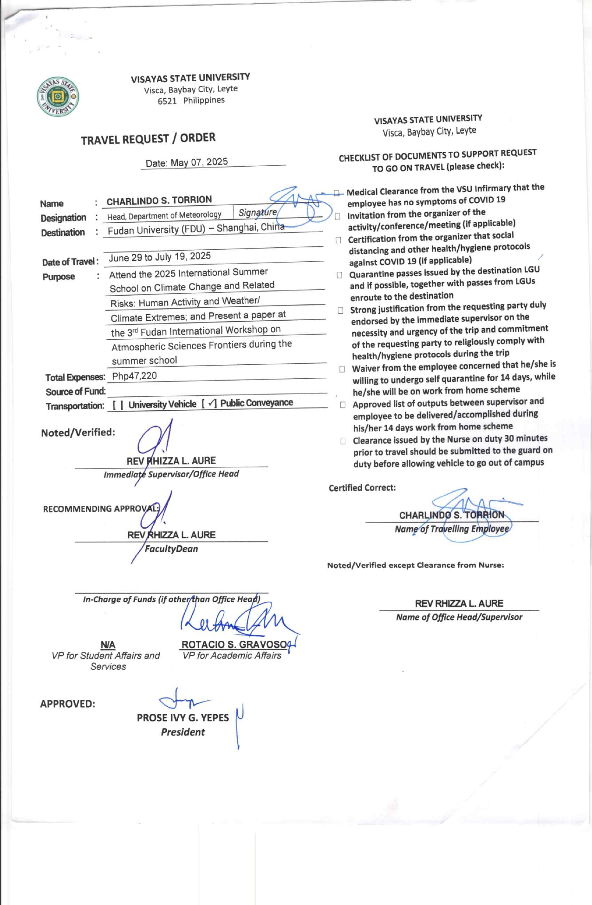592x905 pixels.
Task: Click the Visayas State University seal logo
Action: click(x=58, y=97)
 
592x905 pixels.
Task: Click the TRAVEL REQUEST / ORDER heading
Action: click(x=148, y=139)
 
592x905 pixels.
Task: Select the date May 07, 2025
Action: click(x=199, y=162)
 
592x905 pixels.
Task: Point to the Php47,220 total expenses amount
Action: click(x=134, y=376)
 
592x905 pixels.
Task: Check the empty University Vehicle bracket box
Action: click(x=118, y=405)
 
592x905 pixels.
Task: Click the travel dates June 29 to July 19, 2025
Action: click(x=160, y=257)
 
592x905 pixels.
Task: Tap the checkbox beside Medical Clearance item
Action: click(x=337, y=192)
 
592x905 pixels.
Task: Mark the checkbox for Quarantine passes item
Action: click(x=339, y=275)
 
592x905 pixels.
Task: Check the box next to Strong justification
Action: click(x=341, y=310)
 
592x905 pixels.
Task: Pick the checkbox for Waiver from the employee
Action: click(x=342, y=369)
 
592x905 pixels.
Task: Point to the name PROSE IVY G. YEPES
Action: click(x=182, y=718)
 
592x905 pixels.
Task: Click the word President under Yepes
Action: click(x=182, y=732)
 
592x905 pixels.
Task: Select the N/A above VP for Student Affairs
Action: click(x=108, y=645)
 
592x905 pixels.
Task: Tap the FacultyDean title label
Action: click(x=171, y=549)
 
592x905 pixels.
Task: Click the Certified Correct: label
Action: click(x=362, y=488)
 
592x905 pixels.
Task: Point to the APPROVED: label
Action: click(x=67, y=704)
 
